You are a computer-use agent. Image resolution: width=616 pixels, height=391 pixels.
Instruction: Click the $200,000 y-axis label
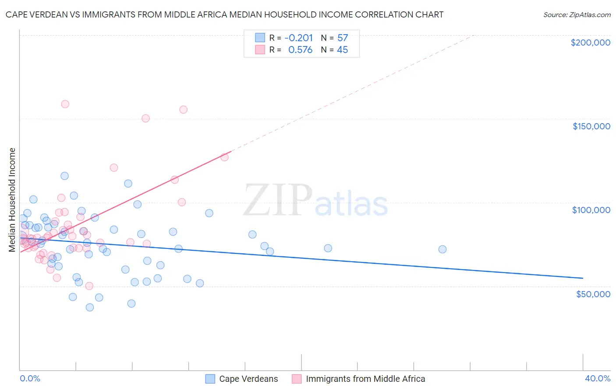(590, 43)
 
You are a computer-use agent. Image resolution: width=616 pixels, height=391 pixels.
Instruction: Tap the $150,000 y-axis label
(591, 126)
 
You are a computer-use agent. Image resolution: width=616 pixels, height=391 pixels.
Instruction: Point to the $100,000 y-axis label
(591, 210)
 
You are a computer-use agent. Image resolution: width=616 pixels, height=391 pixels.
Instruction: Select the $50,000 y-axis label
(593, 294)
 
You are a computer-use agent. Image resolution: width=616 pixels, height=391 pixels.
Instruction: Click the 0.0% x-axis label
(30, 378)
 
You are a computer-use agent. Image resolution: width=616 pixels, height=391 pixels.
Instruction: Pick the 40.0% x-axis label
(597, 378)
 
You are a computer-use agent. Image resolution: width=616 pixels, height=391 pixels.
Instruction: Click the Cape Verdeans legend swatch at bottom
(210, 379)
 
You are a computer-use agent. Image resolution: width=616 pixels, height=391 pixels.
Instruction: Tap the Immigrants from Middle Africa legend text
(365, 379)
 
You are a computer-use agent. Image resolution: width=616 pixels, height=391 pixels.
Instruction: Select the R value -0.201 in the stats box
(298, 38)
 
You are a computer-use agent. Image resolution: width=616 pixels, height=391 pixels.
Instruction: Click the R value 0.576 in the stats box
(300, 50)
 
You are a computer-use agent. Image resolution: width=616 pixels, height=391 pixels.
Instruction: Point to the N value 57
(342, 38)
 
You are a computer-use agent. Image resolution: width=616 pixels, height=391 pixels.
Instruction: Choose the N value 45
(342, 50)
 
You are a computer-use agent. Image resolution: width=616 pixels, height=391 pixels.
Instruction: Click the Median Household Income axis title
(12, 200)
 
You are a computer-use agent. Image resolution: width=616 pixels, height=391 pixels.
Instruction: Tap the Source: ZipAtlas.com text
(577, 15)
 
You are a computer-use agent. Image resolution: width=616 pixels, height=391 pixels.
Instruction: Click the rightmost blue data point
(443, 249)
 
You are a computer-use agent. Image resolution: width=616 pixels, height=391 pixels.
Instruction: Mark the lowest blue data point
(90, 307)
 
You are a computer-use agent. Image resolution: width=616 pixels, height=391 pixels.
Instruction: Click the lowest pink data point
(89, 286)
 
